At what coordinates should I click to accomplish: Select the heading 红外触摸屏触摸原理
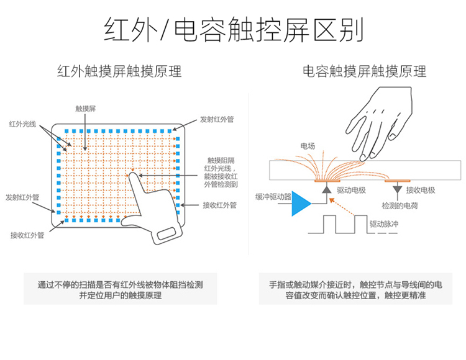tap(119, 71)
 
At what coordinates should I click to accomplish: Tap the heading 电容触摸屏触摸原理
tap(364, 71)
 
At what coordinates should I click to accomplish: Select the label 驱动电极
tap(350, 189)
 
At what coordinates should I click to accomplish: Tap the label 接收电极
tap(420, 189)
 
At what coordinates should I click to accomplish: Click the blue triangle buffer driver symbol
tap(301, 204)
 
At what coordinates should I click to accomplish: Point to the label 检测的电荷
tap(400, 204)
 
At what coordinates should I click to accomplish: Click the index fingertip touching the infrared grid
tap(133, 175)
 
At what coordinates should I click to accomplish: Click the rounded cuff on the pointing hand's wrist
tap(168, 235)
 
